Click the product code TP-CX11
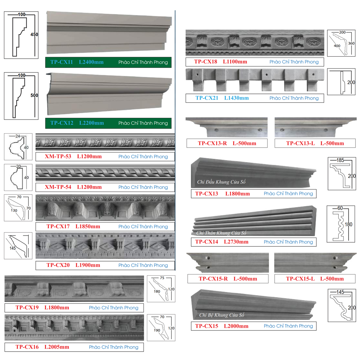tap(62, 62)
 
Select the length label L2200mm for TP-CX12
tap(91, 123)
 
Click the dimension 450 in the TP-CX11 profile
tap(34, 34)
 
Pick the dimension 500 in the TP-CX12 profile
tap(34, 95)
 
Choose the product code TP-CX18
tap(205, 62)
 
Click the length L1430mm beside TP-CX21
tap(236, 98)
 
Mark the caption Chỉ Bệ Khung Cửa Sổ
tap(221, 315)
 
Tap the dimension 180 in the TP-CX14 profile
tap(348, 224)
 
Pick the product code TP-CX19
tap(27, 308)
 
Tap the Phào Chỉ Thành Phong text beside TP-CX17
tap(143, 226)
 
